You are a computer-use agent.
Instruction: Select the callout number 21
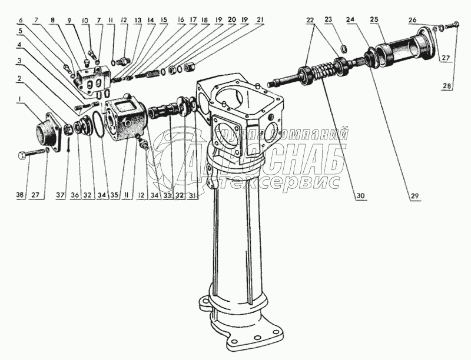pos(260,20)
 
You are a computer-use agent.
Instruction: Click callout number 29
pos(414,196)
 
